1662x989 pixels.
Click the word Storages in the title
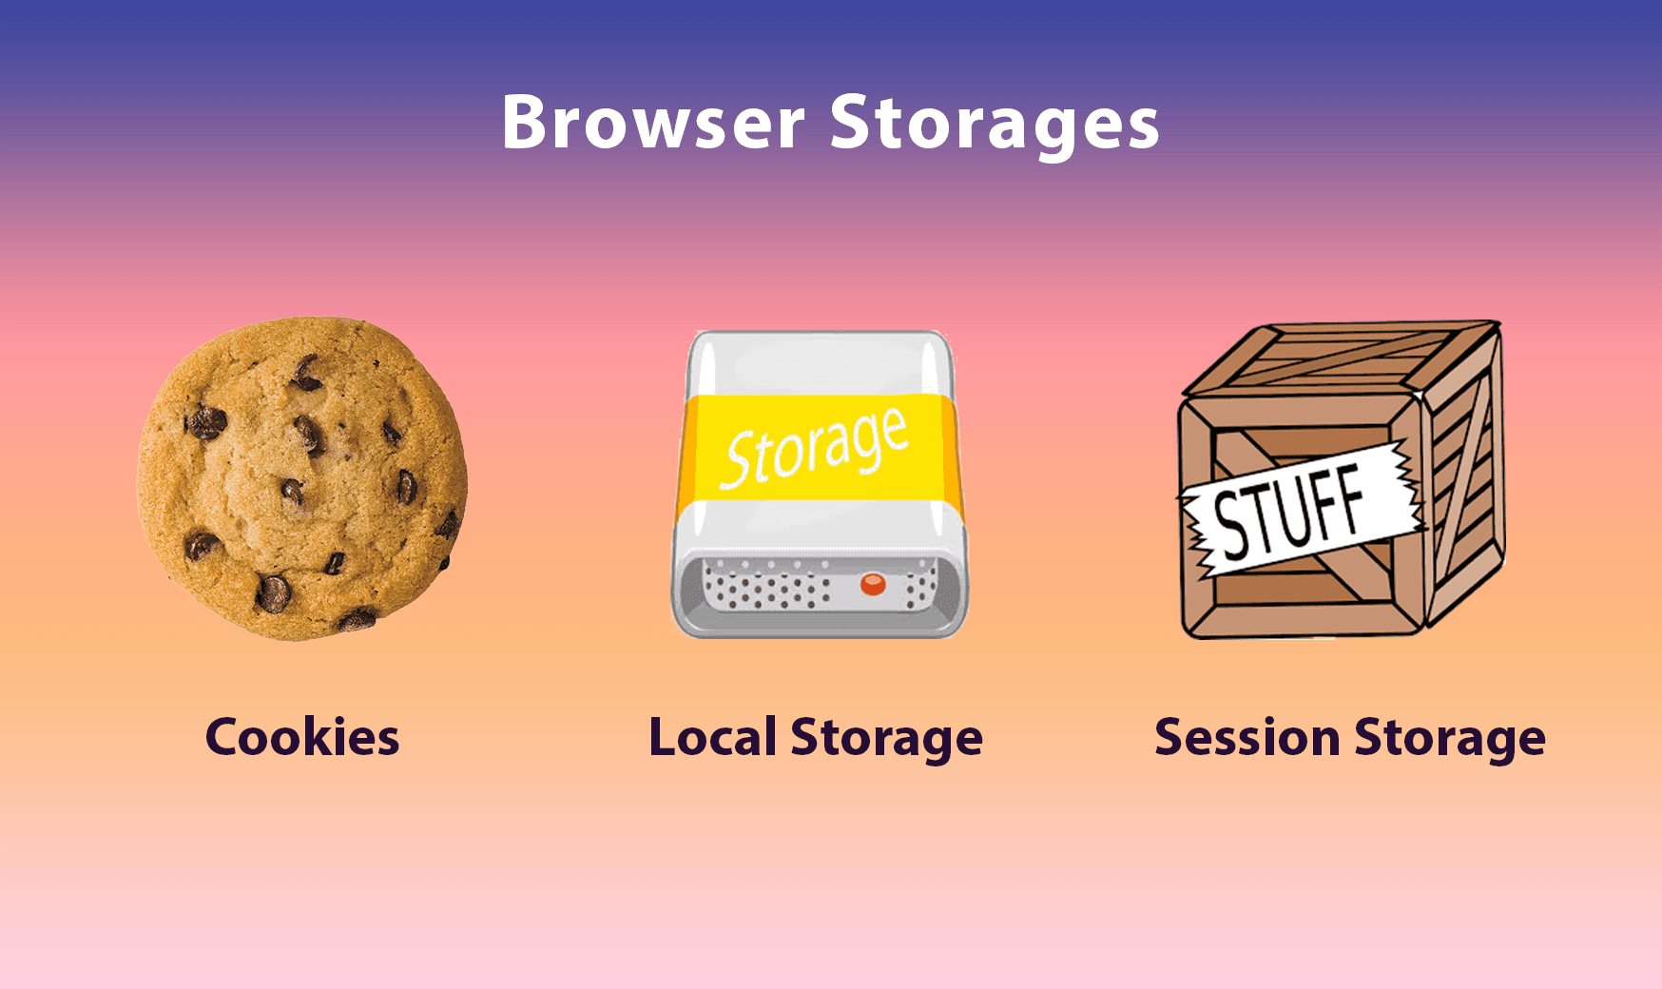[995, 125]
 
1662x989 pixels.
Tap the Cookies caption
[302, 737]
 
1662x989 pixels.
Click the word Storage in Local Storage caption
[887, 739]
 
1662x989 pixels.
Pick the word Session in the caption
[1247, 737]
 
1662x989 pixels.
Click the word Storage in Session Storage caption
[1450, 739]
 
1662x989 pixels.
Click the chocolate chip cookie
[302, 478]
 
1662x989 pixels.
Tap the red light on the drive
[873, 584]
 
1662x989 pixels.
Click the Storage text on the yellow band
[814, 447]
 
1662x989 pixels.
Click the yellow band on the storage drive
[818, 447]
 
